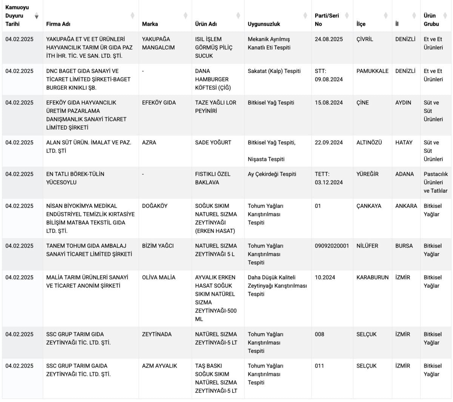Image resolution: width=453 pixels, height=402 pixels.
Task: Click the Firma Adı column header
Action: point(58,24)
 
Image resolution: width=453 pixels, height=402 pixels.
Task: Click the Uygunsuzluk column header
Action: point(264,24)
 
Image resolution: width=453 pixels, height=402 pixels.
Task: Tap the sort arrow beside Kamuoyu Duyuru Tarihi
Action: point(37,16)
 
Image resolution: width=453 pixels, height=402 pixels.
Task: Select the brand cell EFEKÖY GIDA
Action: point(159,103)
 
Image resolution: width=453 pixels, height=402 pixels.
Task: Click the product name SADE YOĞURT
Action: point(213,142)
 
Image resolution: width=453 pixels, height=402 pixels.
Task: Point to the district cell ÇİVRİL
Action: point(364,39)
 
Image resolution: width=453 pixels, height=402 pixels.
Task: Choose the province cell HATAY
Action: point(404,142)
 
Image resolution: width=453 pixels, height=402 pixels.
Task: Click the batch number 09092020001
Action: point(332,246)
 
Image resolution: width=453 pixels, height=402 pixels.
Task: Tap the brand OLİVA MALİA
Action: point(159,277)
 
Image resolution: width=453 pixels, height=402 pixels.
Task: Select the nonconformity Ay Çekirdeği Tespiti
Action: point(272,174)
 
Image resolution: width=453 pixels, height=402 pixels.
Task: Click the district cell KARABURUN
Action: point(372,277)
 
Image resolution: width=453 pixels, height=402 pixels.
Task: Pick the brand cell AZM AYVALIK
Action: point(159,366)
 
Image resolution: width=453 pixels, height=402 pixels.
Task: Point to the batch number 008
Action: point(319,334)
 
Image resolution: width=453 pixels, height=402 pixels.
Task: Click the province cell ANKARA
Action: point(406,206)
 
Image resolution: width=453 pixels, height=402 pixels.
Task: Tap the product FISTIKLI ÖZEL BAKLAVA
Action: point(213,178)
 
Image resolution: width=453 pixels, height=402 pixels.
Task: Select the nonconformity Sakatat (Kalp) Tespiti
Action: point(274,71)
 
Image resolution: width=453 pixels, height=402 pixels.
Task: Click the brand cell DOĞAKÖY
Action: point(154,206)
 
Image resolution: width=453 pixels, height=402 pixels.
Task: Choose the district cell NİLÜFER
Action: point(367,246)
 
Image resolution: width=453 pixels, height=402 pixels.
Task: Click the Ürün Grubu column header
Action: point(431,20)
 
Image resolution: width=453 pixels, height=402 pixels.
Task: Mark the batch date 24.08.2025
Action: point(328,39)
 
